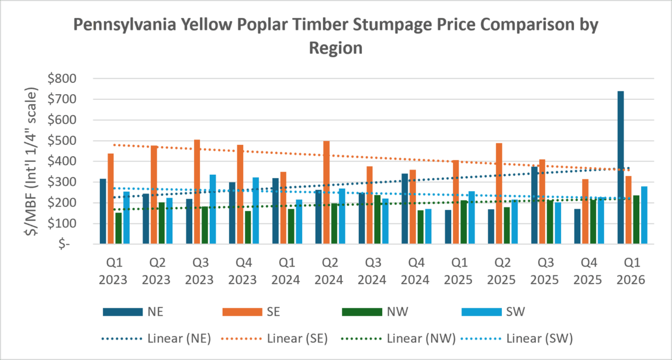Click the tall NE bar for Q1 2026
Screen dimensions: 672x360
tap(621, 168)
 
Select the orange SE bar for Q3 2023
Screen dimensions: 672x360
tap(197, 192)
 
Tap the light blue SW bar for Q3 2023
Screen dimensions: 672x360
tap(213, 210)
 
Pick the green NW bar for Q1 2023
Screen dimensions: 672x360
tap(119, 229)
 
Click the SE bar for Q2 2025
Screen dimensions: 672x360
tap(499, 193)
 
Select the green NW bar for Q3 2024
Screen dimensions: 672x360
tap(377, 220)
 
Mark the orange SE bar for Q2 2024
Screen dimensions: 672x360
tap(327, 192)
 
